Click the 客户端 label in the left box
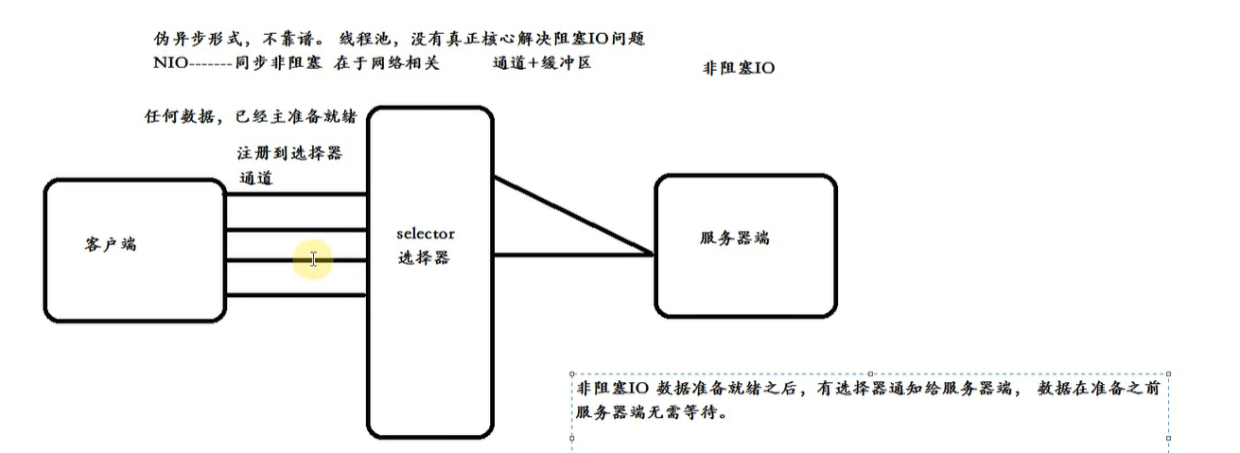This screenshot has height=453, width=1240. pos(111,244)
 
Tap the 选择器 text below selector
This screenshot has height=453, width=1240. pos(424,257)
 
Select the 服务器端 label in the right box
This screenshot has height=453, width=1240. pos(742,237)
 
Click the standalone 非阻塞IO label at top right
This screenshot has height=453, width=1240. pos(739,68)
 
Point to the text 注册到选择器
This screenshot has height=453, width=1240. pos(288,152)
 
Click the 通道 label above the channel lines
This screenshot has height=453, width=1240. pos(256,177)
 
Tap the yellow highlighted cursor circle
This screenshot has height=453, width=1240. pos(313,259)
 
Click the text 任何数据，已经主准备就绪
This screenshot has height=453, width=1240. pos(249,117)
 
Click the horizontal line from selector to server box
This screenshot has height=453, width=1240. pos(573,254)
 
